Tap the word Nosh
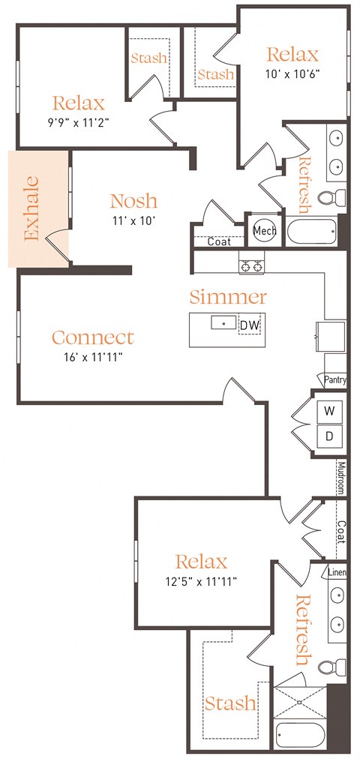[133, 201]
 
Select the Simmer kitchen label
[227, 297]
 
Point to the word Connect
[93, 337]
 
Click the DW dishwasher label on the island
[249, 325]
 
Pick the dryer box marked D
[329, 436]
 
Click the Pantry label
[335, 381]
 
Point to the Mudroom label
[340, 478]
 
